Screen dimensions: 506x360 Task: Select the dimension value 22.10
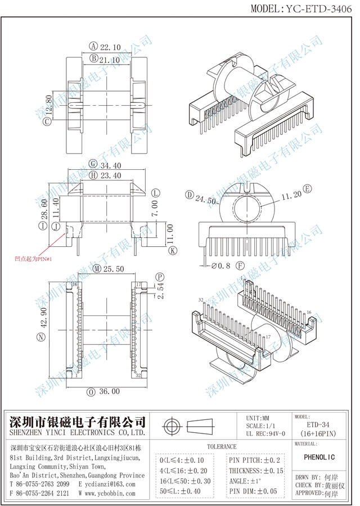click(110, 47)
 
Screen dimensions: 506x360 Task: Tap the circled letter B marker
click(93, 58)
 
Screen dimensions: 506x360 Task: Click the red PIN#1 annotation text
click(34, 259)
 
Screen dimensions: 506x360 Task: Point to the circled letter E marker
click(307, 188)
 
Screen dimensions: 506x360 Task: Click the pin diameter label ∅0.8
click(222, 265)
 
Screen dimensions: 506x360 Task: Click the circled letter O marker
click(92, 391)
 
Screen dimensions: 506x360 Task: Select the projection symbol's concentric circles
click(172, 425)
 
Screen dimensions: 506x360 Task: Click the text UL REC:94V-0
click(265, 434)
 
